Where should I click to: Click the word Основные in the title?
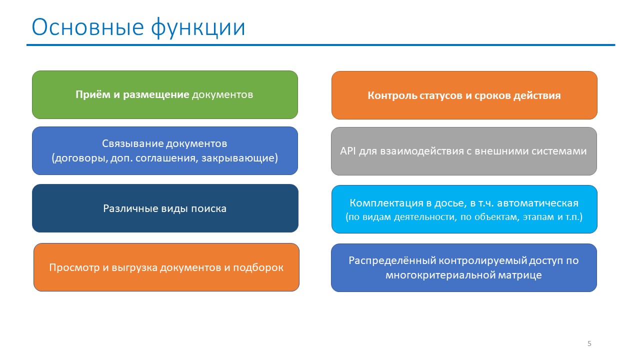(87, 27)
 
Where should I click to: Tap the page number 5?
(589, 343)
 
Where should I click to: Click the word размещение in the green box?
(156, 95)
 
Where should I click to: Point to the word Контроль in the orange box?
(392, 95)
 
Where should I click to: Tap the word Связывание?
(132, 143)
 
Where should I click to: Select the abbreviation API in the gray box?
(347, 151)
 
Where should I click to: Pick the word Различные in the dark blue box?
(130, 208)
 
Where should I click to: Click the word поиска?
(208, 209)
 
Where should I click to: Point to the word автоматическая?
(537, 203)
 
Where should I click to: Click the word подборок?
(258, 267)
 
